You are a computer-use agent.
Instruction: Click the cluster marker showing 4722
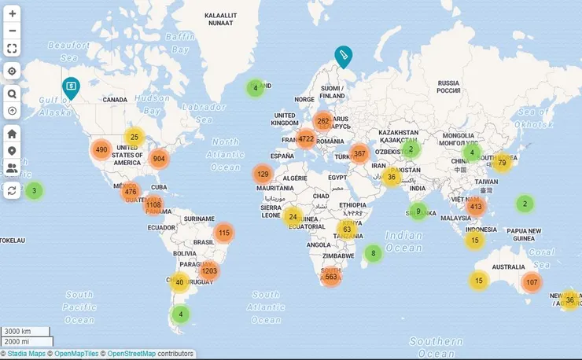pos(306,140)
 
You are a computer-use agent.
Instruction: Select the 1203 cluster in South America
pos(208,271)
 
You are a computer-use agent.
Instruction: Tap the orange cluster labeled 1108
pos(153,205)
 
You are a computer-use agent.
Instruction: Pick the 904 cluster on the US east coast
pos(159,158)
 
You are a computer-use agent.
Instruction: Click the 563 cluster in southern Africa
pos(331,277)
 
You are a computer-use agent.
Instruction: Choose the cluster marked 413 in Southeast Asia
pos(476,207)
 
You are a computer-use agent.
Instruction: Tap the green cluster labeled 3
pos(33,190)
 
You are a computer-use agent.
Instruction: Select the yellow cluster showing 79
pos(502,163)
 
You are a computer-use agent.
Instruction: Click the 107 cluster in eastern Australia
pos(532,282)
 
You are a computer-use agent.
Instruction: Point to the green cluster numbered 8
pos(374,253)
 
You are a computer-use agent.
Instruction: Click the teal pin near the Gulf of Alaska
pos(71,87)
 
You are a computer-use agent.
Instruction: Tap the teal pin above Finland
pos(343,56)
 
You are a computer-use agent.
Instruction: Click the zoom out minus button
pos(12,31)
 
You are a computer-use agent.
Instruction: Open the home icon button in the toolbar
pos(12,134)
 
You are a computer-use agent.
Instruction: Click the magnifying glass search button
pos(12,94)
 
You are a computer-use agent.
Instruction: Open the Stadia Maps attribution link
pos(28,354)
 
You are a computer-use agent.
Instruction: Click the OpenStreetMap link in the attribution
pos(131,354)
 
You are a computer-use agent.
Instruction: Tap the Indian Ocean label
pos(404,241)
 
